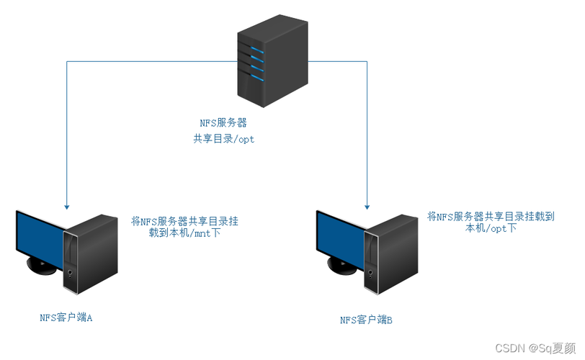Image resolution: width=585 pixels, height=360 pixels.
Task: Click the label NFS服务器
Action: (x=223, y=123)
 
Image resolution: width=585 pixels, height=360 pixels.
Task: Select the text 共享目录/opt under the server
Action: (x=223, y=139)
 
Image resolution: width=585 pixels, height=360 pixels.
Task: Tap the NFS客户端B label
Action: (x=366, y=320)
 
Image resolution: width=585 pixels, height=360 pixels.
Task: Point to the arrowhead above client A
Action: (x=66, y=204)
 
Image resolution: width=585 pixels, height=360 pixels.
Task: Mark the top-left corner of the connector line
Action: (x=66, y=62)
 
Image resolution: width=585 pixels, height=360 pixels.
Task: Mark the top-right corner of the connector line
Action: (x=367, y=62)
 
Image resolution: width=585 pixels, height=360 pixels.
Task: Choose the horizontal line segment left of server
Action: (x=151, y=62)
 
